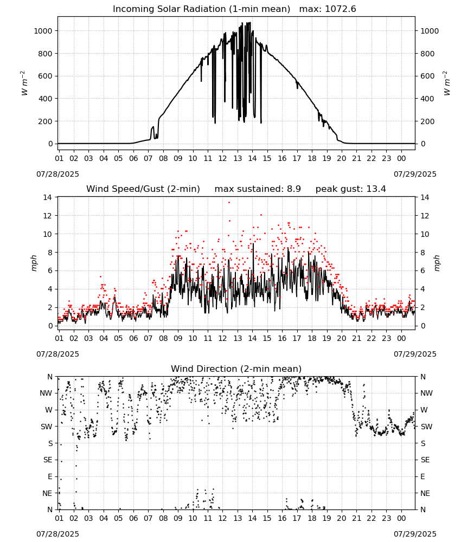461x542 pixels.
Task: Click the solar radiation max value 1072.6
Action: pyautogui.click(x=340, y=9)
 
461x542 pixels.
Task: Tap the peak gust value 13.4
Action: pyautogui.click(x=375, y=189)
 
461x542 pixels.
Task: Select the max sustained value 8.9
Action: pyautogui.click(x=293, y=189)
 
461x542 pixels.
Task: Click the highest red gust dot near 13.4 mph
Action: pyautogui.click(x=229, y=203)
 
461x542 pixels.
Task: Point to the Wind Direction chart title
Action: pyautogui.click(x=236, y=369)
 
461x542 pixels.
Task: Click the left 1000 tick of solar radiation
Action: pyautogui.click(x=43, y=31)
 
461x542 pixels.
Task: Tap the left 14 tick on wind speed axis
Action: pyautogui.click(x=47, y=197)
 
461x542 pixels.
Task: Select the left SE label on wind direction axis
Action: pyautogui.click(x=48, y=460)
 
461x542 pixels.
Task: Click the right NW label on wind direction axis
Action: pyautogui.click(x=426, y=393)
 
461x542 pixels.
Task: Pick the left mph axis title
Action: pyautogui.click(x=34, y=263)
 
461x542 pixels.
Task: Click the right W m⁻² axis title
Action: pyautogui.click(x=446, y=83)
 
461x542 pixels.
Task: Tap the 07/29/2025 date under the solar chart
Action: pyautogui.click(x=415, y=174)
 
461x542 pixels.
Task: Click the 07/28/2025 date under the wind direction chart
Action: pyautogui.click(x=57, y=534)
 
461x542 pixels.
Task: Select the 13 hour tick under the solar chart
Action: pyautogui.click(x=238, y=158)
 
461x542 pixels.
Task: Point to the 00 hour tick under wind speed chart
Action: pyautogui.click(x=401, y=338)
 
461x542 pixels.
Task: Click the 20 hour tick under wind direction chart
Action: pyautogui.click(x=342, y=518)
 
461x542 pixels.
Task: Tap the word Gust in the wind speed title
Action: pyautogui.click(x=152, y=189)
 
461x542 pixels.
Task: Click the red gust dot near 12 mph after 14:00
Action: pyautogui.click(x=261, y=215)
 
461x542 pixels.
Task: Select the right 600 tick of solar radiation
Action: pyautogui.click(x=427, y=76)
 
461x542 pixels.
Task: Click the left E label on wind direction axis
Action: pyautogui.click(x=50, y=476)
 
